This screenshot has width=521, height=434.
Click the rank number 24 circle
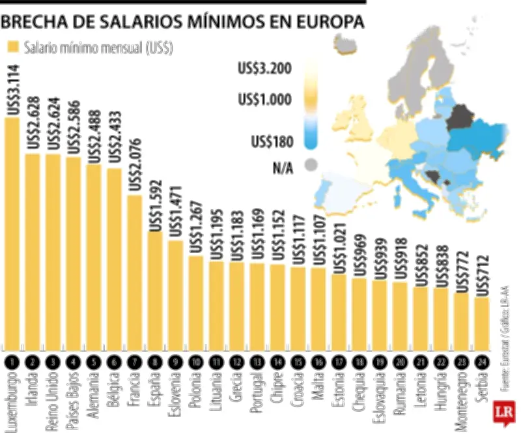pyautogui.click(x=481, y=361)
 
